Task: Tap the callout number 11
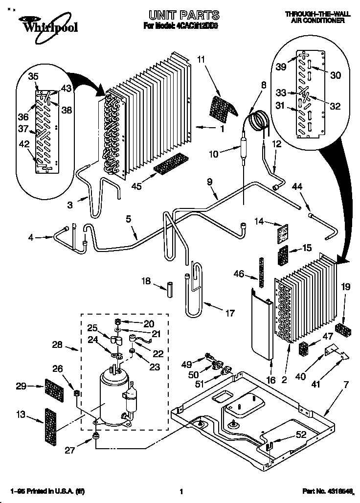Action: coord(201,60)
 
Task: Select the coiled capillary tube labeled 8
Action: coord(258,119)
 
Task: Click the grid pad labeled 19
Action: coord(341,330)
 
